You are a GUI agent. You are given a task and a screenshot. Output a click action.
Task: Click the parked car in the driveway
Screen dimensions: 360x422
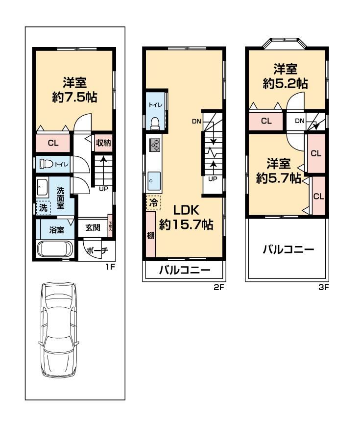pyautogui.click(x=59, y=330)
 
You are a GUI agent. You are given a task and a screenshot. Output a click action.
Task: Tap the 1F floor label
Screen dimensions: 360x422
pyautogui.click(x=110, y=267)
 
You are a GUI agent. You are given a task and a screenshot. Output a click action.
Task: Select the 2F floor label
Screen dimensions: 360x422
pyautogui.click(x=218, y=287)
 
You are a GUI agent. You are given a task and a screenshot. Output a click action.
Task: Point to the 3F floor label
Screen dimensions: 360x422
pyautogui.click(x=324, y=287)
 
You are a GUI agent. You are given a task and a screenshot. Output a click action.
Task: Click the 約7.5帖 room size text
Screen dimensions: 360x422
pyautogui.click(x=74, y=97)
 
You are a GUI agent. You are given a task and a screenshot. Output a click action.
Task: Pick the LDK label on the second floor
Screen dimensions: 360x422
pyautogui.click(x=186, y=210)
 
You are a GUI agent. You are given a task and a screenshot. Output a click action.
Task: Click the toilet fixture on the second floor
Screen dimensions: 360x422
pyautogui.click(x=155, y=124)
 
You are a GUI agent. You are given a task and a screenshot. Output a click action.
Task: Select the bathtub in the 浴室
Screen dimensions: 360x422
pyautogui.click(x=55, y=249)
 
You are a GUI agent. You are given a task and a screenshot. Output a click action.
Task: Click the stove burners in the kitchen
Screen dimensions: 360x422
pyautogui.click(x=154, y=146)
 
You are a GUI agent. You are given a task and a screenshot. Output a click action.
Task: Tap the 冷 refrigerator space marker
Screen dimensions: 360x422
pyautogui.click(x=153, y=202)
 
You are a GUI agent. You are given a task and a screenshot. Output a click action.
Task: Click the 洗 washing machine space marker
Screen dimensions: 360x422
pyautogui.click(x=43, y=208)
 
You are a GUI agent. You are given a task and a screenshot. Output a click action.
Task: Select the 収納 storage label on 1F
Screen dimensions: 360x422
pyautogui.click(x=103, y=142)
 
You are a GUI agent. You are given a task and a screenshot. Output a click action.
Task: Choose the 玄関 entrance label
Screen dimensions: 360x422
pyautogui.click(x=93, y=228)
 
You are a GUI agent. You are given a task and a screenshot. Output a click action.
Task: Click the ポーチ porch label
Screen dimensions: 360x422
pyautogui.click(x=97, y=250)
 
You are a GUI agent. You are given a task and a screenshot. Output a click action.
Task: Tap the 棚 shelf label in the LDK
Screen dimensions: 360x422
pyautogui.click(x=151, y=235)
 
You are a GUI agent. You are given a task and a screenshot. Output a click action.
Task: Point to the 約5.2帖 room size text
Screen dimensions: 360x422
pyautogui.click(x=285, y=84)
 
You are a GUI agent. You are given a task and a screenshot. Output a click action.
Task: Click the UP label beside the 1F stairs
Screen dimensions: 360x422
pyautogui.click(x=103, y=189)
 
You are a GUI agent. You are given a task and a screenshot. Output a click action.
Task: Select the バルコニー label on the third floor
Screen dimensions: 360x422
pyautogui.click(x=288, y=249)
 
